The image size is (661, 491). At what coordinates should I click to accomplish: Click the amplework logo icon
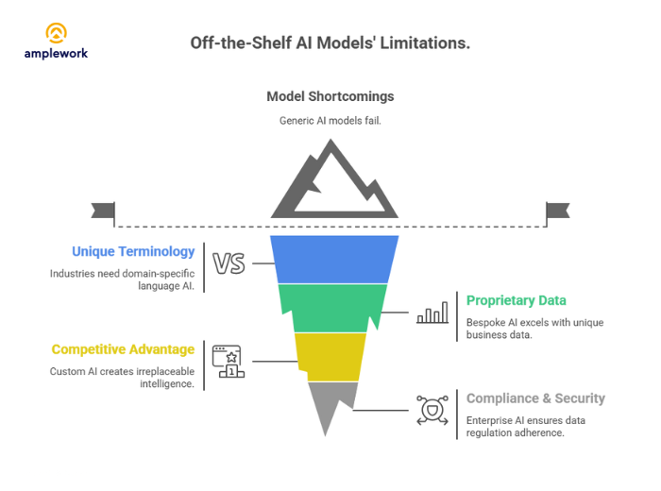[56, 33]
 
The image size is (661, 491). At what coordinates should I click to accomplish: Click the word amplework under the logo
[56, 54]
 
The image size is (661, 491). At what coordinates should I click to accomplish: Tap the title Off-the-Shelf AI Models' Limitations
[330, 43]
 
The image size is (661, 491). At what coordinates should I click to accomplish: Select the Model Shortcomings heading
[330, 96]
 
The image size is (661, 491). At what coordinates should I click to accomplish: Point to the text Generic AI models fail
[330, 120]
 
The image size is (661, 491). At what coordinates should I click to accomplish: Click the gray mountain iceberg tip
[330, 184]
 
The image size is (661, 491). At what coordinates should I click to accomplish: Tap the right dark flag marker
[557, 210]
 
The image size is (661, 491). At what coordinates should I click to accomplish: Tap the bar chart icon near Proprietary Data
[432, 314]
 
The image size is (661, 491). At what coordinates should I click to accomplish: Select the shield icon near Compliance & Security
[432, 411]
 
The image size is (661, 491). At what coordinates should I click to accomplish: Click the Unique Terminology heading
[133, 252]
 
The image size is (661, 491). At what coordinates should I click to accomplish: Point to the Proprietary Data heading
[516, 300]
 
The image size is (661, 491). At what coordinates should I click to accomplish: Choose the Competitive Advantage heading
[123, 349]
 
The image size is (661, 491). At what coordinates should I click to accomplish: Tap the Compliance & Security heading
[535, 398]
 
